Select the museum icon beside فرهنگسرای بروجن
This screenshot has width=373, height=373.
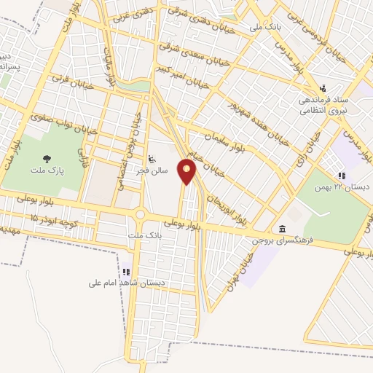pyautogui.click(x=283, y=228)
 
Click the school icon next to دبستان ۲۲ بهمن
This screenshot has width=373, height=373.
pyautogui.click(x=340, y=176)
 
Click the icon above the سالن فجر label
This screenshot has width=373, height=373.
pyautogui.click(x=152, y=160)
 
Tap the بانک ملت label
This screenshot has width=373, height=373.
pyautogui.click(x=142, y=235)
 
